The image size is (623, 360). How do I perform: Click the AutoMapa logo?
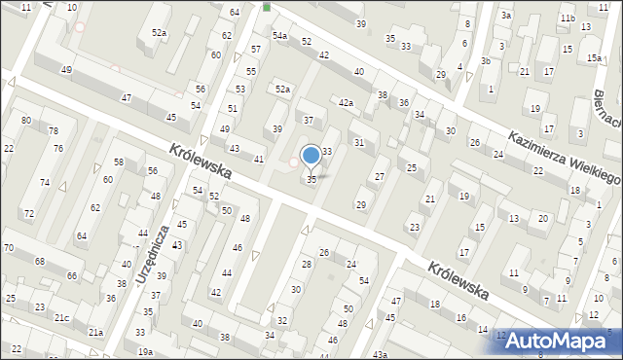pyautogui.click(x=564, y=341)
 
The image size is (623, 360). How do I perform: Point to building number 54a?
pyautogui.click(x=280, y=36)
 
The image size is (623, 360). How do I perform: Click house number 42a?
pyautogui.click(x=346, y=102)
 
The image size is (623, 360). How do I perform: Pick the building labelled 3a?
pyautogui.click(x=506, y=16)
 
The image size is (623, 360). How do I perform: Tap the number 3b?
pyautogui.click(x=485, y=60)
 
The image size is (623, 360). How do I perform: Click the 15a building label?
pyautogui.click(x=594, y=58)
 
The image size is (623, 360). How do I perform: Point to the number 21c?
pyautogui.click(x=61, y=318)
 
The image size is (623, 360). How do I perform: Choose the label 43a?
pyautogui.click(x=379, y=355)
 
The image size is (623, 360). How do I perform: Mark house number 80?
pyautogui.click(x=26, y=120)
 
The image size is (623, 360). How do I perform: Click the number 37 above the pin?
pyautogui.click(x=309, y=121)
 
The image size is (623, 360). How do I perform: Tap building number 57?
pyautogui.click(x=256, y=49)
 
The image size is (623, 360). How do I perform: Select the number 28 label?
pyautogui.click(x=306, y=265)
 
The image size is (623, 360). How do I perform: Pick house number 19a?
pyautogui.click(x=145, y=351)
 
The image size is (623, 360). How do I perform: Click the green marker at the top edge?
pyautogui.click(x=267, y=7)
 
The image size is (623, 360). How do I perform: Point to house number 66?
pyautogui.click(x=72, y=276)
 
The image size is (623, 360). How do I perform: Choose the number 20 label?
pyautogui.click(x=543, y=218)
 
